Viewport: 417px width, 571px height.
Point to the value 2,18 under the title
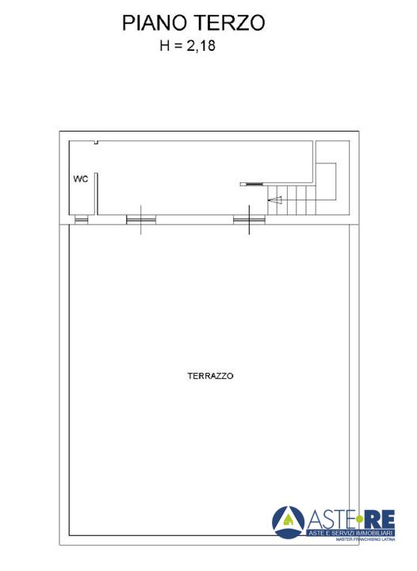pyautogui.click(x=201, y=46)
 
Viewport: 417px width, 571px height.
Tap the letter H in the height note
pyautogui.click(x=164, y=45)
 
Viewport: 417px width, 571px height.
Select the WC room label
pyautogui.click(x=80, y=178)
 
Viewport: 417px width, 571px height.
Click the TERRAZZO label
pyautogui.click(x=210, y=376)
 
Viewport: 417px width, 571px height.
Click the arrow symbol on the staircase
pyautogui.click(x=275, y=200)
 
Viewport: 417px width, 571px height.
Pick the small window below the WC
pyautogui.click(x=81, y=219)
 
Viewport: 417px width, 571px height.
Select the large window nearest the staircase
pyautogui.click(x=249, y=219)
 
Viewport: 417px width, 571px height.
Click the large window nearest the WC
pyautogui.click(x=141, y=219)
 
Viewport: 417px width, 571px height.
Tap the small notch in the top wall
pyautogui.click(x=96, y=143)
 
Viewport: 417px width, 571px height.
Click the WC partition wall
pyautogui.click(x=97, y=194)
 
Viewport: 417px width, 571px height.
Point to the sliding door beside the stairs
pyautogui.click(x=252, y=184)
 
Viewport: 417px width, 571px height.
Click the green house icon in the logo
pyautogui.click(x=289, y=520)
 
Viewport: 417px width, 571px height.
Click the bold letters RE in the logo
pyautogui.click(x=379, y=519)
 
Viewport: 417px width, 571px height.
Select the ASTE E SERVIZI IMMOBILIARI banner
pyautogui.click(x=350, y=533)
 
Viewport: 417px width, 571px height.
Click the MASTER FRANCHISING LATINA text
pyautogui.click(x=365, y=539)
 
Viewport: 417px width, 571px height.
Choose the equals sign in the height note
pyautogui.click(x=178, y=46)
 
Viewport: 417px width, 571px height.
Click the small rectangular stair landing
pyautogui.click(x=326, y=182)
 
